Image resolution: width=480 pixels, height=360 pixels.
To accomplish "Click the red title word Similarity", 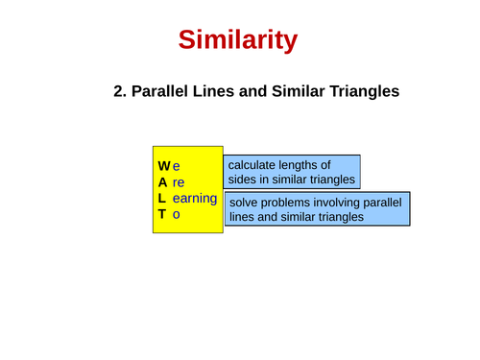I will (238, 40).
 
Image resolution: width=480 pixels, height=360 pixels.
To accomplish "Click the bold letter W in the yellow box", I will (164, 166).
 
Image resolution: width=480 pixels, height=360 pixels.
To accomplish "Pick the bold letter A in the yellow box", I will (163, 182).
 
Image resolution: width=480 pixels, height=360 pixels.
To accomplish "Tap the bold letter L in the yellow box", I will (162, 199).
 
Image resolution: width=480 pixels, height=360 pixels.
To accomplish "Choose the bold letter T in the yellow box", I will (162, 215).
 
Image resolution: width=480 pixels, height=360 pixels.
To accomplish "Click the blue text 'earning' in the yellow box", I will (195, 199).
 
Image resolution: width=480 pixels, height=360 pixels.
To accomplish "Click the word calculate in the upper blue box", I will (255, 165).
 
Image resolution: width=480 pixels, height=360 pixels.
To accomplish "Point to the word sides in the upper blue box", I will (245, 180).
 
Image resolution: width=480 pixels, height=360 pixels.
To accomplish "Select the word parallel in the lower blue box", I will (380, 203).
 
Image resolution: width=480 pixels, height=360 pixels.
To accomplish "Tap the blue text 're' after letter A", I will (179, 182).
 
